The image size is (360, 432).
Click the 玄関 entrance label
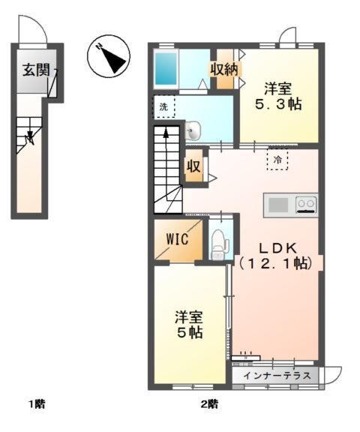pos(35,71)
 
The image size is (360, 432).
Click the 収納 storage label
pos(224,70)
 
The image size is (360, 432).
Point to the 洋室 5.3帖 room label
pos(277,94)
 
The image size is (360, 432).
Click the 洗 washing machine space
pos(164,107)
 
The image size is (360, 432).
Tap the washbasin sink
pos(193,132)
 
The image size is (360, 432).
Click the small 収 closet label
pos(193,166)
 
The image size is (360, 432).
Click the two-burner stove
pos(306,204)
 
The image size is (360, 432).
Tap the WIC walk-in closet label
pos(177,240)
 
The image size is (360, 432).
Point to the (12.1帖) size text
pos(277,263)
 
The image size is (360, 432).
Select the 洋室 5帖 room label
pos(189,323)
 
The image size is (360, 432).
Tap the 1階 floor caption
pos(37,405)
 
